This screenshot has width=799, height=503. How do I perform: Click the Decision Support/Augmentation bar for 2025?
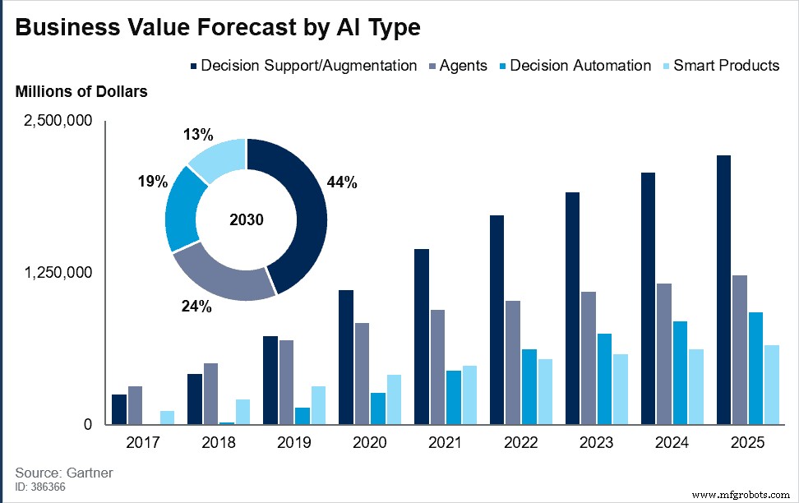(x=723, y=289)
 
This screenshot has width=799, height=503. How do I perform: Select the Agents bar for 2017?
(x=135, y=405)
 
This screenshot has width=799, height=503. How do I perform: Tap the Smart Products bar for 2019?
(x=318, y=405)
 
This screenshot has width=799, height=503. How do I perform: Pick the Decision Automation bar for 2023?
(x=604, y=379)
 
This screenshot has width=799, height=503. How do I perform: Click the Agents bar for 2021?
(x=437, y=367)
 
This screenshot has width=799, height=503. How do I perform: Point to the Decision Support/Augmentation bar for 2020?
(x=346, y=357)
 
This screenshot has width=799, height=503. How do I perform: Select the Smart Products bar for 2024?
(x=696, y=386)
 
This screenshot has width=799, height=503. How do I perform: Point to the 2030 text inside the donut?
(x=247, y=219)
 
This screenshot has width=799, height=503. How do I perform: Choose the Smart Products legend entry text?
(x=726, y=66)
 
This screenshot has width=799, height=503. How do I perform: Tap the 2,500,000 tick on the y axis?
(x=58, y=121)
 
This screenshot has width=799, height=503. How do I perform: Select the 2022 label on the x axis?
(x=520, y=442)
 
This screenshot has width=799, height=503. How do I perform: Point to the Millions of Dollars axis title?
(x=81, y=91)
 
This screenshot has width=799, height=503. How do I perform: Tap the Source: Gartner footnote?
(x=63, y=473)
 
